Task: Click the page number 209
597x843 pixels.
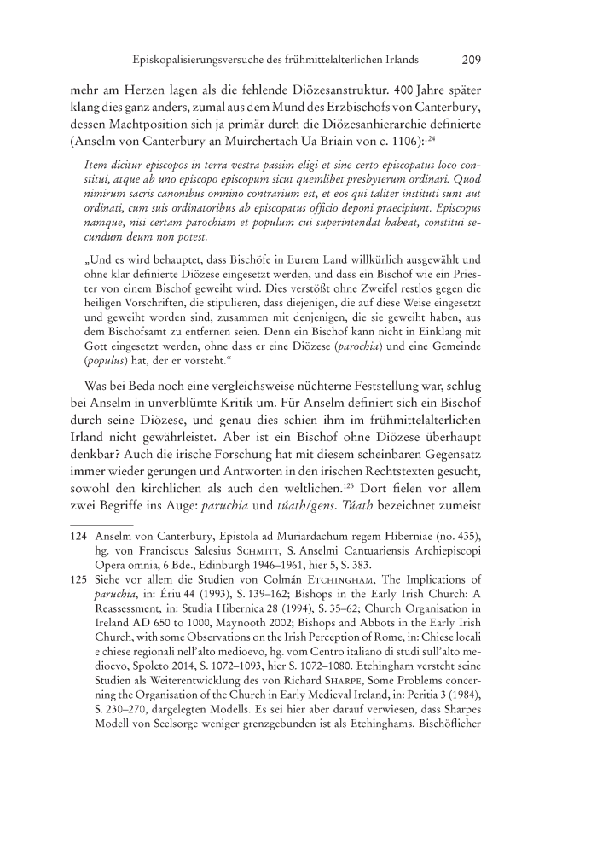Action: coord(471,61)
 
